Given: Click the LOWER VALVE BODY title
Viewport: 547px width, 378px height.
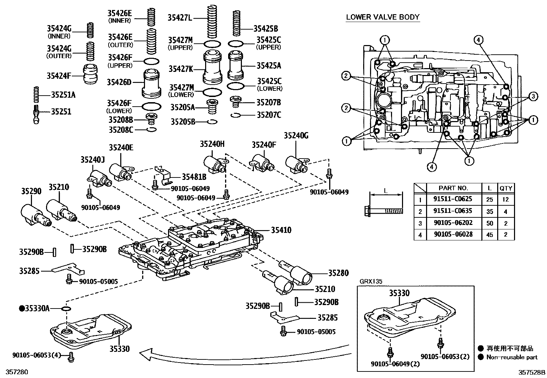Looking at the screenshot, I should tap(382, 17).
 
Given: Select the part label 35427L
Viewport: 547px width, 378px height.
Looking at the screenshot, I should tap(180, 17).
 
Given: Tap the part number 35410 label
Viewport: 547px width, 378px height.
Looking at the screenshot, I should tap(281, 230).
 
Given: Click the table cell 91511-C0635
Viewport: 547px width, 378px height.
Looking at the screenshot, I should tap(453, 211).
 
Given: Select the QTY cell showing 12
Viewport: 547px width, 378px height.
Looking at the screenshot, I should tap(505, 199).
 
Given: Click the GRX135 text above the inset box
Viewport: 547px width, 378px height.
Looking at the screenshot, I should tap(371, 281).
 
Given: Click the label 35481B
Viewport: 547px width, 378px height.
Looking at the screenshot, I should tap(194, 177).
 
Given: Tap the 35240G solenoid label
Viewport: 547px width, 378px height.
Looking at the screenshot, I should tap(296, 136).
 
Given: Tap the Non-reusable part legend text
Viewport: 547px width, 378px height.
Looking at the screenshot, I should tap(512, 357).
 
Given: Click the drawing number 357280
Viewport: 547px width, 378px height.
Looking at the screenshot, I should tap(14, 372).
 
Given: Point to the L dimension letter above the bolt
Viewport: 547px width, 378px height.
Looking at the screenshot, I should tap(386, 191).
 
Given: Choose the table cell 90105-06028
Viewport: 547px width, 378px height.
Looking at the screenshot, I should tap(453, 234).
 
